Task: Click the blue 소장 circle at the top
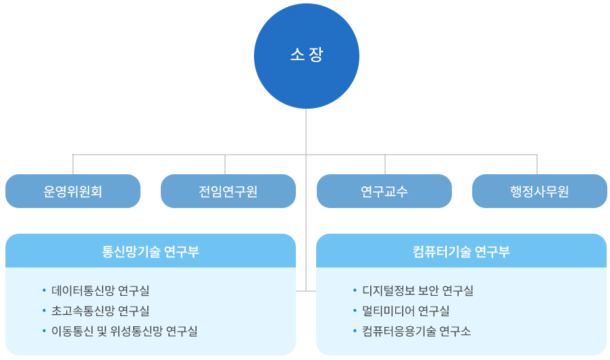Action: tap(307, 55)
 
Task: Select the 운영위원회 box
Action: tap(73, 191)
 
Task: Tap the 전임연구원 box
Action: tap(228, 191)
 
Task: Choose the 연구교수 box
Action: tap(384, 191)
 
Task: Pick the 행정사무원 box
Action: tap(540, 191)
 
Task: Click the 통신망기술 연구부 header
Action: tap(151, 251)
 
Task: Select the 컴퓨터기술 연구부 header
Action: tap(461, 251)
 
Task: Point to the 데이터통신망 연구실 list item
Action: tap(100, 290)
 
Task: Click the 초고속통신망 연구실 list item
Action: tap(100, 311)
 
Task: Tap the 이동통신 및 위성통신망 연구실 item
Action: tap(124, 331)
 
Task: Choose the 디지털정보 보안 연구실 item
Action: tap(417, 290)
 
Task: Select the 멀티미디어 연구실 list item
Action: tap(405, 311)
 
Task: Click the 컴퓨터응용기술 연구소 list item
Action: tap(416, 331)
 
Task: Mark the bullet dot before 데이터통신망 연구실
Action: tap(45, 290)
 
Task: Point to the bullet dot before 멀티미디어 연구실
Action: tap(355, 311)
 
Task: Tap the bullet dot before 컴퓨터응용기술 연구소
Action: tap(355, 331)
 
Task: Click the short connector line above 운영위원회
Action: tap(73, 164)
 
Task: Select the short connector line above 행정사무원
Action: tap(537, 164)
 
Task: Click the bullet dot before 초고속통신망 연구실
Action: tap(45, 311)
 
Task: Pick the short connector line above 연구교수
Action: tap(385, 164)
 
